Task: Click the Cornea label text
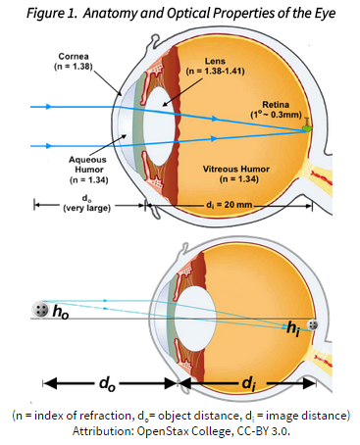point(74,56)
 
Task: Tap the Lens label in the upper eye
point(215,61)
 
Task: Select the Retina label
point(276,105)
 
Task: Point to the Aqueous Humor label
point(87,165)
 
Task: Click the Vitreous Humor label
point(236,169)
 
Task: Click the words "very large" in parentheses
point(86,208)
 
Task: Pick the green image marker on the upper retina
point(307,128)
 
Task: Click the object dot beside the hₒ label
point(41,309)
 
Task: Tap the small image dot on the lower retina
point(313,324)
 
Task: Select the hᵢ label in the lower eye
point(293,327)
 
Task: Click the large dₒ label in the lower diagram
point(107,383)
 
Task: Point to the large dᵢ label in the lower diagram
point(249,383)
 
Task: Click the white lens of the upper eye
point(159,125)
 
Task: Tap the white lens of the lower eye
point(195,319)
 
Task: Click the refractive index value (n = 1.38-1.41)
point(215,71)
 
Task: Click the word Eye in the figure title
point(325,14)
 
